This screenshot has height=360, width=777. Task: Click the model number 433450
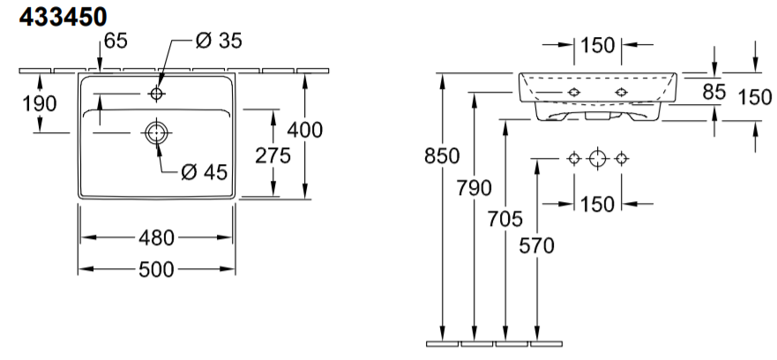63,18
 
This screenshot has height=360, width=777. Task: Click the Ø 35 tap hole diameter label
219,41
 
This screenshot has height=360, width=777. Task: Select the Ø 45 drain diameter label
204,172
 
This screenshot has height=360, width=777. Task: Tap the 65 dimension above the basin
116,41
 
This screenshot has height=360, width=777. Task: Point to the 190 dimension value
40,103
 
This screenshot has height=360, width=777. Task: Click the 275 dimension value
273,155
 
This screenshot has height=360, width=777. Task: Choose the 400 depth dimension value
305,130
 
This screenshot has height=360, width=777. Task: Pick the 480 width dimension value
157,238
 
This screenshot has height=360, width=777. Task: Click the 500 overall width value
157,269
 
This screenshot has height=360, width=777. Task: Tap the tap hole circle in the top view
157,94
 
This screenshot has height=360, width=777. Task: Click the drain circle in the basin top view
157,133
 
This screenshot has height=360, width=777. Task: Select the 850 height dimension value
442,156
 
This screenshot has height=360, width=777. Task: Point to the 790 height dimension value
474,188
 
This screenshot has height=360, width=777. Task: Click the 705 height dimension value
505,219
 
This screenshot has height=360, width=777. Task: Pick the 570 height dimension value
536,245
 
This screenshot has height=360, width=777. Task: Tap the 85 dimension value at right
714,92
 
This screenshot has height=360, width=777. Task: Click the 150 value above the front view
598,45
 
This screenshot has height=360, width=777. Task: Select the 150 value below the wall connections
598,204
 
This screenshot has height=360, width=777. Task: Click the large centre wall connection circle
598,159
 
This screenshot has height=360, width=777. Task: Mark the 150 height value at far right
755,97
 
